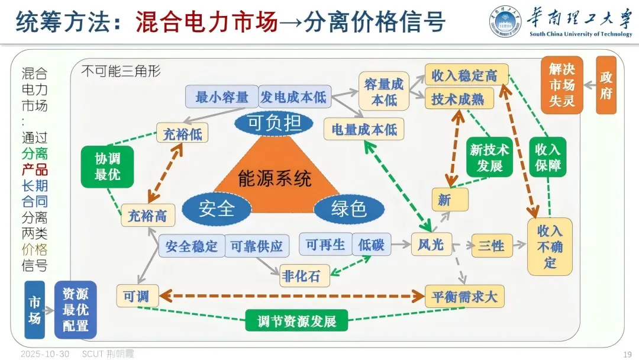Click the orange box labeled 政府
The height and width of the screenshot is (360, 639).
606,85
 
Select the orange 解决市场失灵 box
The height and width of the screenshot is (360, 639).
561,85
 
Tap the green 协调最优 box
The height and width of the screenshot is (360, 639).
107,167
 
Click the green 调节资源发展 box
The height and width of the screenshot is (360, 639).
297,321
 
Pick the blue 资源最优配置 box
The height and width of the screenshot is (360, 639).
75,309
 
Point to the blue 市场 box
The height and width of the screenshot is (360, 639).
35,309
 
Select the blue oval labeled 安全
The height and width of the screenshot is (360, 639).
217,208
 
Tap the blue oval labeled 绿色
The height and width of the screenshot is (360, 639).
348,208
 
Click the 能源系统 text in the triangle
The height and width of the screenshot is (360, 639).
275,178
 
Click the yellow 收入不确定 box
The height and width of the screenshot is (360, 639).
550,246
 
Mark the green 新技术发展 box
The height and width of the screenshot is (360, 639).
489,157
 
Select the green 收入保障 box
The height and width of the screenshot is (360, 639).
547,157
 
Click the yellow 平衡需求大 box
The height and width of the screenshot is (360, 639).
464,296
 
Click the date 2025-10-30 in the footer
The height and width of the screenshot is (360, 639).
45,354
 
